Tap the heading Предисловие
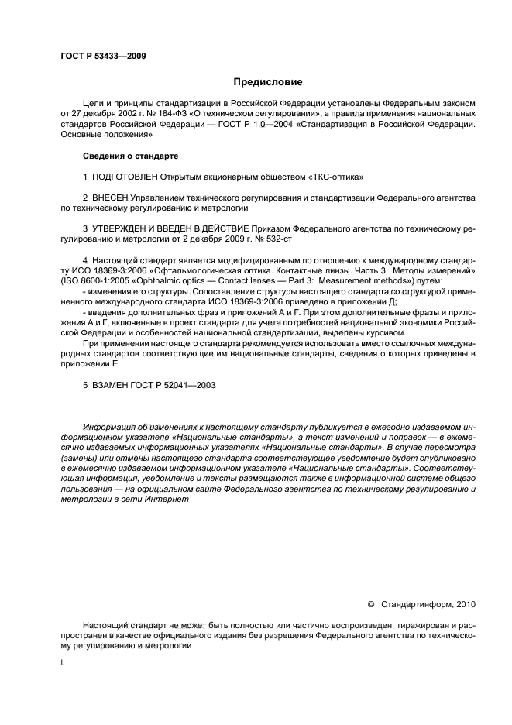click(267, 81)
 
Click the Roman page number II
click(63, 662)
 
